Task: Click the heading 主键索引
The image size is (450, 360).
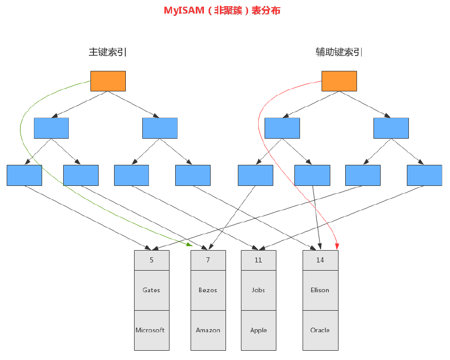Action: click(x=108, y=52)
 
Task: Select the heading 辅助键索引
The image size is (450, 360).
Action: click(x=339, y=52)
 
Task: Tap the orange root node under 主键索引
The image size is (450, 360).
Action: click(x=108, y=81)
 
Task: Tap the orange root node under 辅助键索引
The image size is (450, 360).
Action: click(x=339, y=81)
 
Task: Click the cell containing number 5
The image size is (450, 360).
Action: click(x=152, y=260)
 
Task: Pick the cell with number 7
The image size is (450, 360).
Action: click(x=208, y=260)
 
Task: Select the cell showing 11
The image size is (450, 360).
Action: click(x=258, y=260)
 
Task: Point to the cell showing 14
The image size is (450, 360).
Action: click(x=320, y=260)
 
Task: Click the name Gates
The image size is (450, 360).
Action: click(x=152, y=290)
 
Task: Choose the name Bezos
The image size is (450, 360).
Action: click(x=208, y=290)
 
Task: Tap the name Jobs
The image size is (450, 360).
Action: click(x=258, y=290)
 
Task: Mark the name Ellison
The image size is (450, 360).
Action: click(x=320, y=290)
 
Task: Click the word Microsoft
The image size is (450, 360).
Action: click(x=151, y=330)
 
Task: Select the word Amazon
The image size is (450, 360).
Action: click(x=208, y=330)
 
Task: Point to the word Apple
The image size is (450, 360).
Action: click(x=258, y=330)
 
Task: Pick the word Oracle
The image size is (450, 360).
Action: click(x=320, y=330)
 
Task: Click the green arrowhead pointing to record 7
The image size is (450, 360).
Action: click(x=190, y=244)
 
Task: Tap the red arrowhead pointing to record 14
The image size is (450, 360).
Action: click(x=338, y=247)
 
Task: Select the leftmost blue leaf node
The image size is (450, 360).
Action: click(x=24, y=175)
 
